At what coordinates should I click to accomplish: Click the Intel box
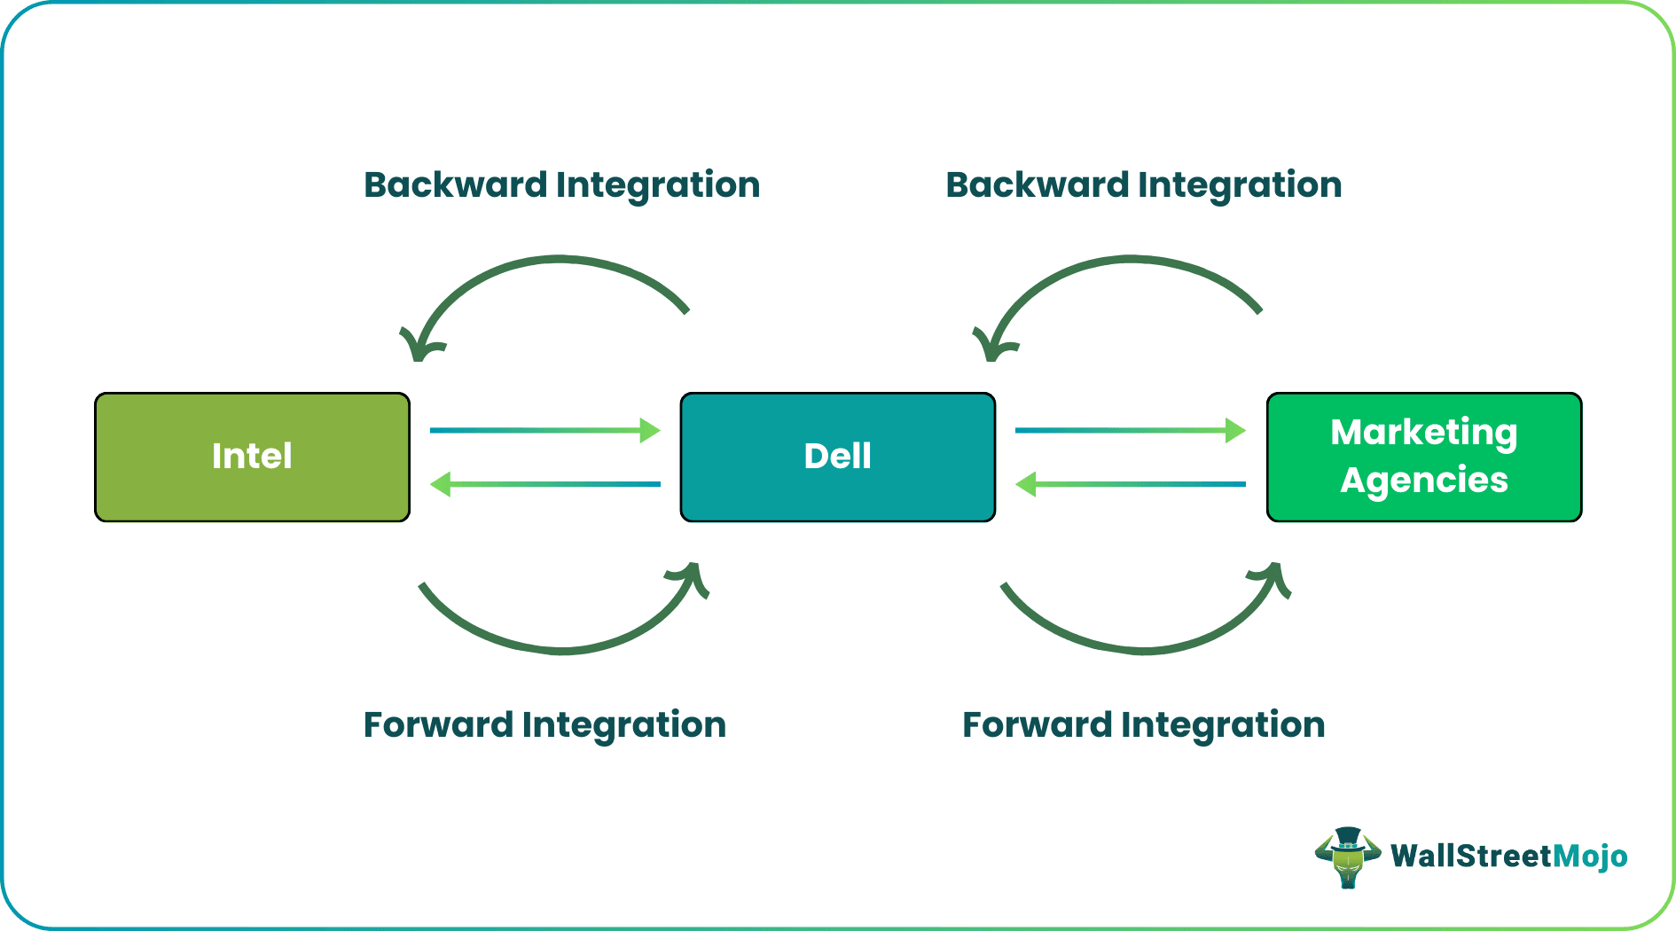(x=252, y=457)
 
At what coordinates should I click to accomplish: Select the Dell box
(x=837, y=457)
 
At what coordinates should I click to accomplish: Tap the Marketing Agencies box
(x=1424, y=457)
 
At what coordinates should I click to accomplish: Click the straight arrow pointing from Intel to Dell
(x=545, y=431)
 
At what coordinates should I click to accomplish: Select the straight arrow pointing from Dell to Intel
(x=545, y=484)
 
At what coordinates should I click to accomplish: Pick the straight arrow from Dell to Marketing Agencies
(x=1131, y=431)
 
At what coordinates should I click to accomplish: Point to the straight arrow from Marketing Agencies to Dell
(x=1131, y=484)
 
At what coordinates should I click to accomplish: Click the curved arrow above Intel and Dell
(x=556, y=259)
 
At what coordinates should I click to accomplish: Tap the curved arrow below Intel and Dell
(x=563, y=651)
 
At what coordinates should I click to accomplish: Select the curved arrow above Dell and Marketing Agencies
(x=1128, y=259)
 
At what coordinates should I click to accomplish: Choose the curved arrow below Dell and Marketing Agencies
(x=1144, y=651)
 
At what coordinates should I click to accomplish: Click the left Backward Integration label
(x=562, y=185)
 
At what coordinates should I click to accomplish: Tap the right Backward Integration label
(x=1144, y=185)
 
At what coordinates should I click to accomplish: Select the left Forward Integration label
(x=544, y=725)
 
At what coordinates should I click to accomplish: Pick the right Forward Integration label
(x=1144, y=725)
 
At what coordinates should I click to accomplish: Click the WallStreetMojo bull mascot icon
(x=1348, y=857)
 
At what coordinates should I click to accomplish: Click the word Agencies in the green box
(x=1424, y=481)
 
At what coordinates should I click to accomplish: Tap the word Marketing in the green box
(x=1424, y=433)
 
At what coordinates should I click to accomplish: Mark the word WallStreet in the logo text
(x=1472, y=856)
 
